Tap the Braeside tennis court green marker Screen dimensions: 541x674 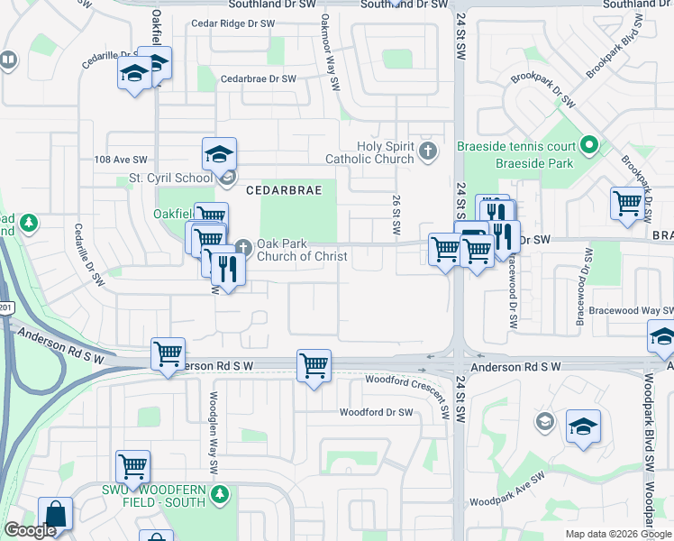pos(589,144)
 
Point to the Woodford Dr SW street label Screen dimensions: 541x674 pos(376,412)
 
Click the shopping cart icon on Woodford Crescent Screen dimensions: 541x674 pos(314,366)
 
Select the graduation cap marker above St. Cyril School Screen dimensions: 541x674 pos(219,155)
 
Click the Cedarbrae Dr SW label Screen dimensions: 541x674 pos(259,79)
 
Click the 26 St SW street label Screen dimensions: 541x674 pos(396,217)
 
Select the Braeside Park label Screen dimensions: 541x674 pos(534,164)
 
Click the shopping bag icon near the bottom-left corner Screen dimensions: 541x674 pos(55,514)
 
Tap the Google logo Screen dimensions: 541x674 pos(30,530)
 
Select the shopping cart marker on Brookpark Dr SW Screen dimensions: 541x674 pos(627,203)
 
